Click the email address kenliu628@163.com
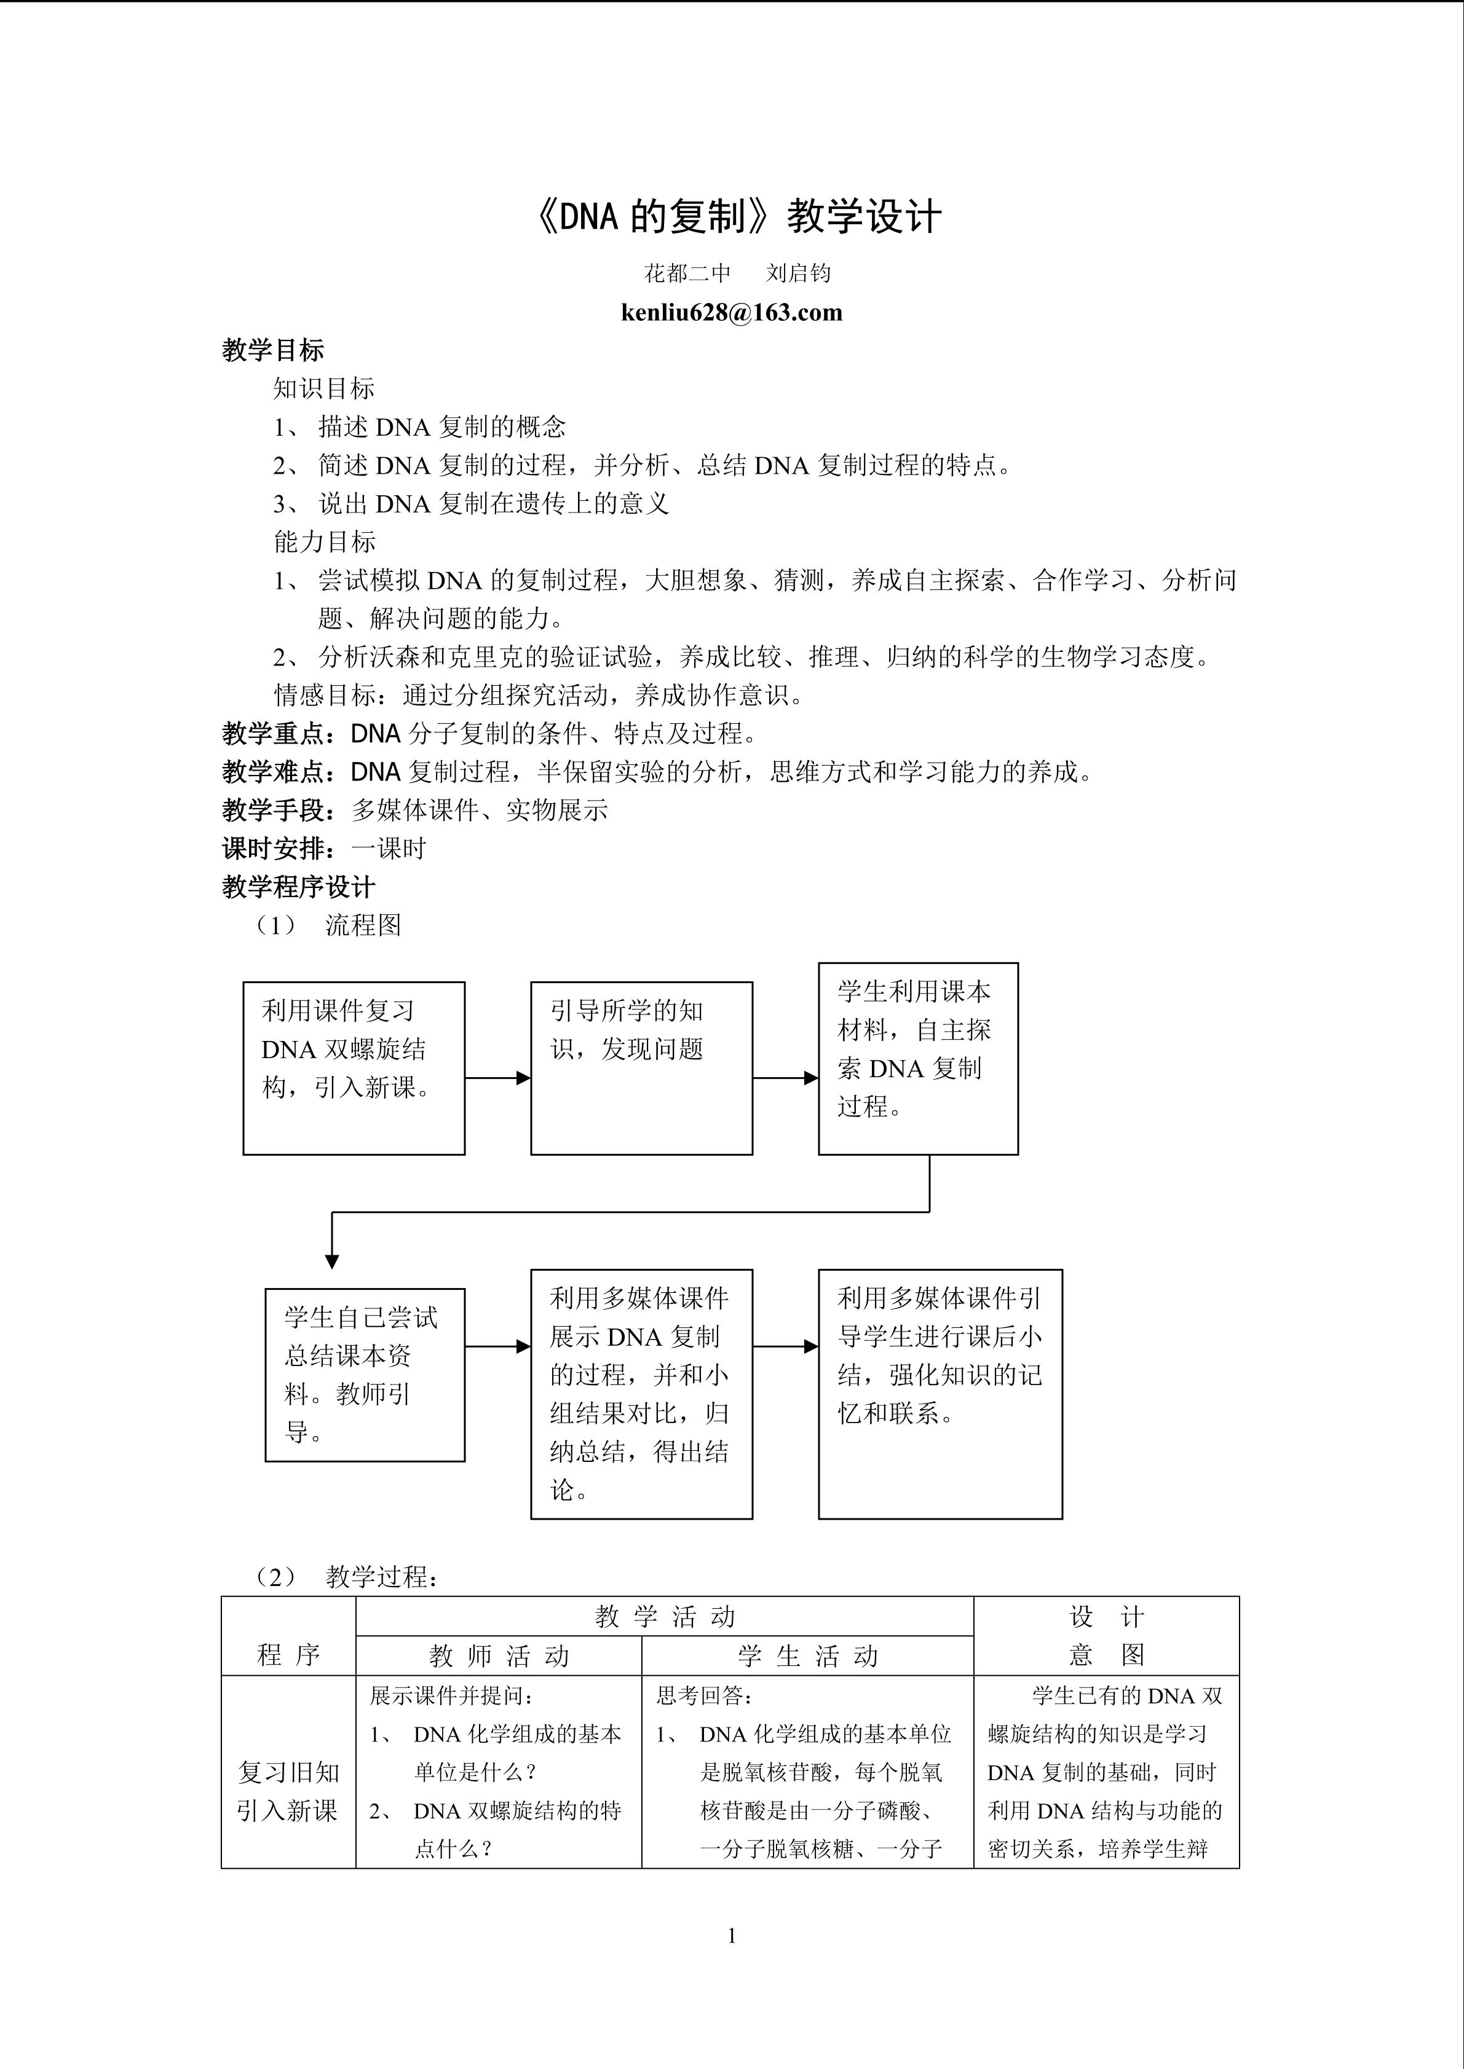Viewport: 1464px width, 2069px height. coord(731,313)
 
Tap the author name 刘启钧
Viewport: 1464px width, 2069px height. coord(798,273)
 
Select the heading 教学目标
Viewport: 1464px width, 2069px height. coord(272,350)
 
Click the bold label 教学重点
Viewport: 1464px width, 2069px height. coord(280,734)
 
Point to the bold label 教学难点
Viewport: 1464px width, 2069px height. coord(280,772)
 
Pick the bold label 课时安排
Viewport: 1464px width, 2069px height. coord(280,849)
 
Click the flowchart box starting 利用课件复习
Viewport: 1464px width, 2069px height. coord(354,1068)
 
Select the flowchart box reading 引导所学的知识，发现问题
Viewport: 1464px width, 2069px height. coord(641,1068)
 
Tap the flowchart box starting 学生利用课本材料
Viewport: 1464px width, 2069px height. coord(918,1058)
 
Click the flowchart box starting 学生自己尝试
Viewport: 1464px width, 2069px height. coord(364,1374)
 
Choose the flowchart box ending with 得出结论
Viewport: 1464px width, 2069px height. coord(641,1394)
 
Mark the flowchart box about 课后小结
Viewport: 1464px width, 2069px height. coord(940,1394)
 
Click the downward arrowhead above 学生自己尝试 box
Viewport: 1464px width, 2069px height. coord(332,1261)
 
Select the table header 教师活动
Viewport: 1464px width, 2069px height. coord(499,1655)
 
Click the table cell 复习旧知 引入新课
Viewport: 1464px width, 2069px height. coord(288,1791)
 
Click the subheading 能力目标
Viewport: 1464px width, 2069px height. coord(325,541)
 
